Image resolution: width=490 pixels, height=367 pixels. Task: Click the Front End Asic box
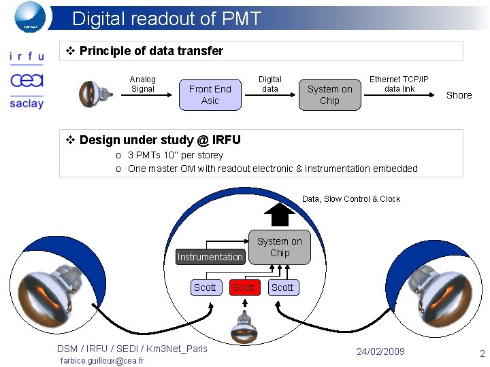pos(210,94)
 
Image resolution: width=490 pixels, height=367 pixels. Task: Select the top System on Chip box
pos(329,94)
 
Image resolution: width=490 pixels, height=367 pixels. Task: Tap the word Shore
pos(459,95)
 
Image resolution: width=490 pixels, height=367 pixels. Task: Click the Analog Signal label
pos(142,84)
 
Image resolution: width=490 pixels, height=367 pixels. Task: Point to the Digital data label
pos(270,84)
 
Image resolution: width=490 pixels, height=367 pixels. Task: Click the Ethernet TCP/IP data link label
pos(399,84)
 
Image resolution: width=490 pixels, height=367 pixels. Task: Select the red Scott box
pos(244,287)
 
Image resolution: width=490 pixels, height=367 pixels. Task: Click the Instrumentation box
pos(210,257)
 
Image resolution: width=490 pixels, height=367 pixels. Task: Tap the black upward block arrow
pos(279,214)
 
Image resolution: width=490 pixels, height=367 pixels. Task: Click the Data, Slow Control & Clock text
pos(351,199)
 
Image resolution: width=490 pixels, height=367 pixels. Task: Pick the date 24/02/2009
pos(380,351)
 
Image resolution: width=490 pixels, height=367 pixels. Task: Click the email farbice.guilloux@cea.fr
pos(102,361)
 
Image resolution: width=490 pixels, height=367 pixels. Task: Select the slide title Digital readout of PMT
pos(166,18)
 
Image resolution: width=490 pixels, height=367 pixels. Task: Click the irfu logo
pos(27,57)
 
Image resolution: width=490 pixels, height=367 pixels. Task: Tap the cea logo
pos(27,80)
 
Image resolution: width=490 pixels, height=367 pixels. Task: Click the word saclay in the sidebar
pos(27,103)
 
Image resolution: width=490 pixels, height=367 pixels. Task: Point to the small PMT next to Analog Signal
pos(91,94)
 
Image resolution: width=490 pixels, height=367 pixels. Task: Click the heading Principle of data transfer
pos(150,51)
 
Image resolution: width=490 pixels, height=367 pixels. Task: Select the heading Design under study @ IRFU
pos(159,140)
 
